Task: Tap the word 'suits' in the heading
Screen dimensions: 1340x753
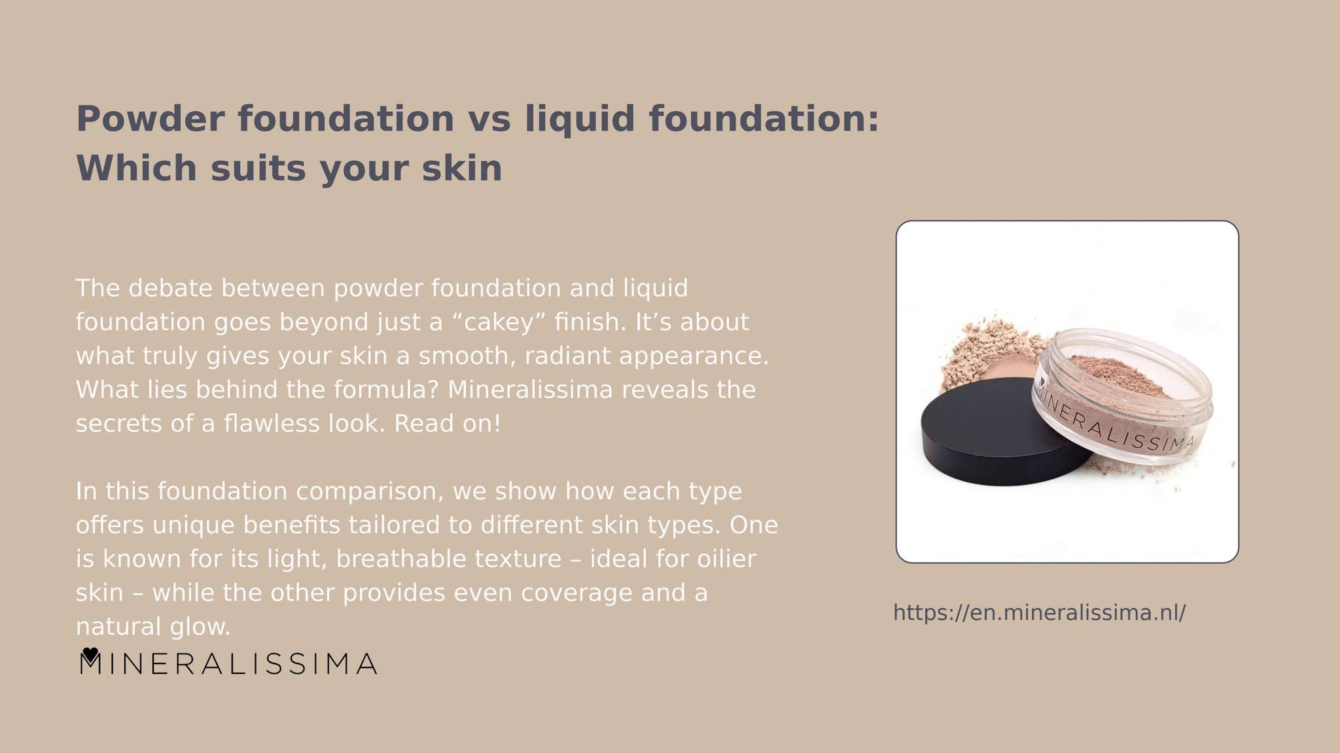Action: click(x=258, y=169)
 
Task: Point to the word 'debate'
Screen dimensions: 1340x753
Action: click(x=171, y=288)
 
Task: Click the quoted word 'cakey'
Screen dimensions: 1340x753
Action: click(x=499, y=323)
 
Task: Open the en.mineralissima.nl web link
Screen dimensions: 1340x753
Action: click(x=1040, y=613)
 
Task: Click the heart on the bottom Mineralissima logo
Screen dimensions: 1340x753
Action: click(x=90, y=654)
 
